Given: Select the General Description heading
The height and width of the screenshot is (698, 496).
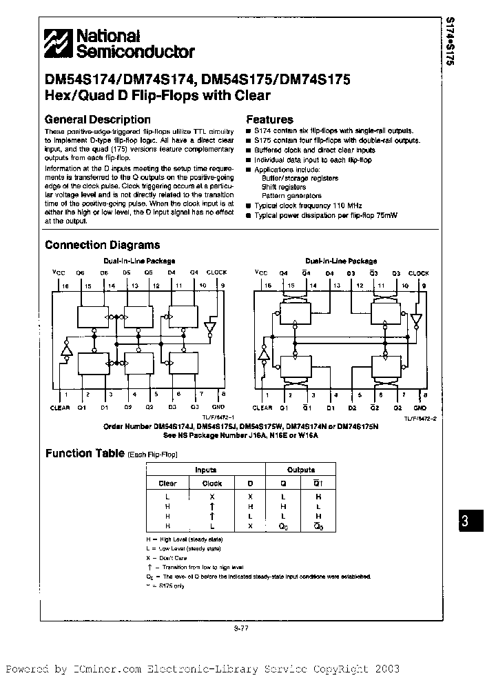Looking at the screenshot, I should click(x=97, y=119).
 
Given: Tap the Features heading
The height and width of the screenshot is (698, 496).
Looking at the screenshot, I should click(x=269, y=119).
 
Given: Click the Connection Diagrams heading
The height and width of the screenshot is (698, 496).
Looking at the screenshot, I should click(x=102, y=245).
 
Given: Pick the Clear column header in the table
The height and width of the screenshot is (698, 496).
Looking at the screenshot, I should click(x=167, y=483).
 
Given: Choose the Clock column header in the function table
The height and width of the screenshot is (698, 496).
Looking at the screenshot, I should click(x=212, y=483).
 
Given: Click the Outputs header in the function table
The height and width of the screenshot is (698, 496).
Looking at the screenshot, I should click(x=301, y=470).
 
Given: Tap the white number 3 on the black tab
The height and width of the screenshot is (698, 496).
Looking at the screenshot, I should click(x=464, y=522).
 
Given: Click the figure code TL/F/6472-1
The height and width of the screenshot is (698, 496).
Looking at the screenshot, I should click(x=219, y=418).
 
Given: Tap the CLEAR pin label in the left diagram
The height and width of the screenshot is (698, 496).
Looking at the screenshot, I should click(x=60, y=408).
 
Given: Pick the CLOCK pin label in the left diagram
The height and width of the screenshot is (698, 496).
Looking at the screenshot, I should click(x=216, y=272).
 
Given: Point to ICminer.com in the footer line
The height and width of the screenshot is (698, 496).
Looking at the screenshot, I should click(x=107, y=669).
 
